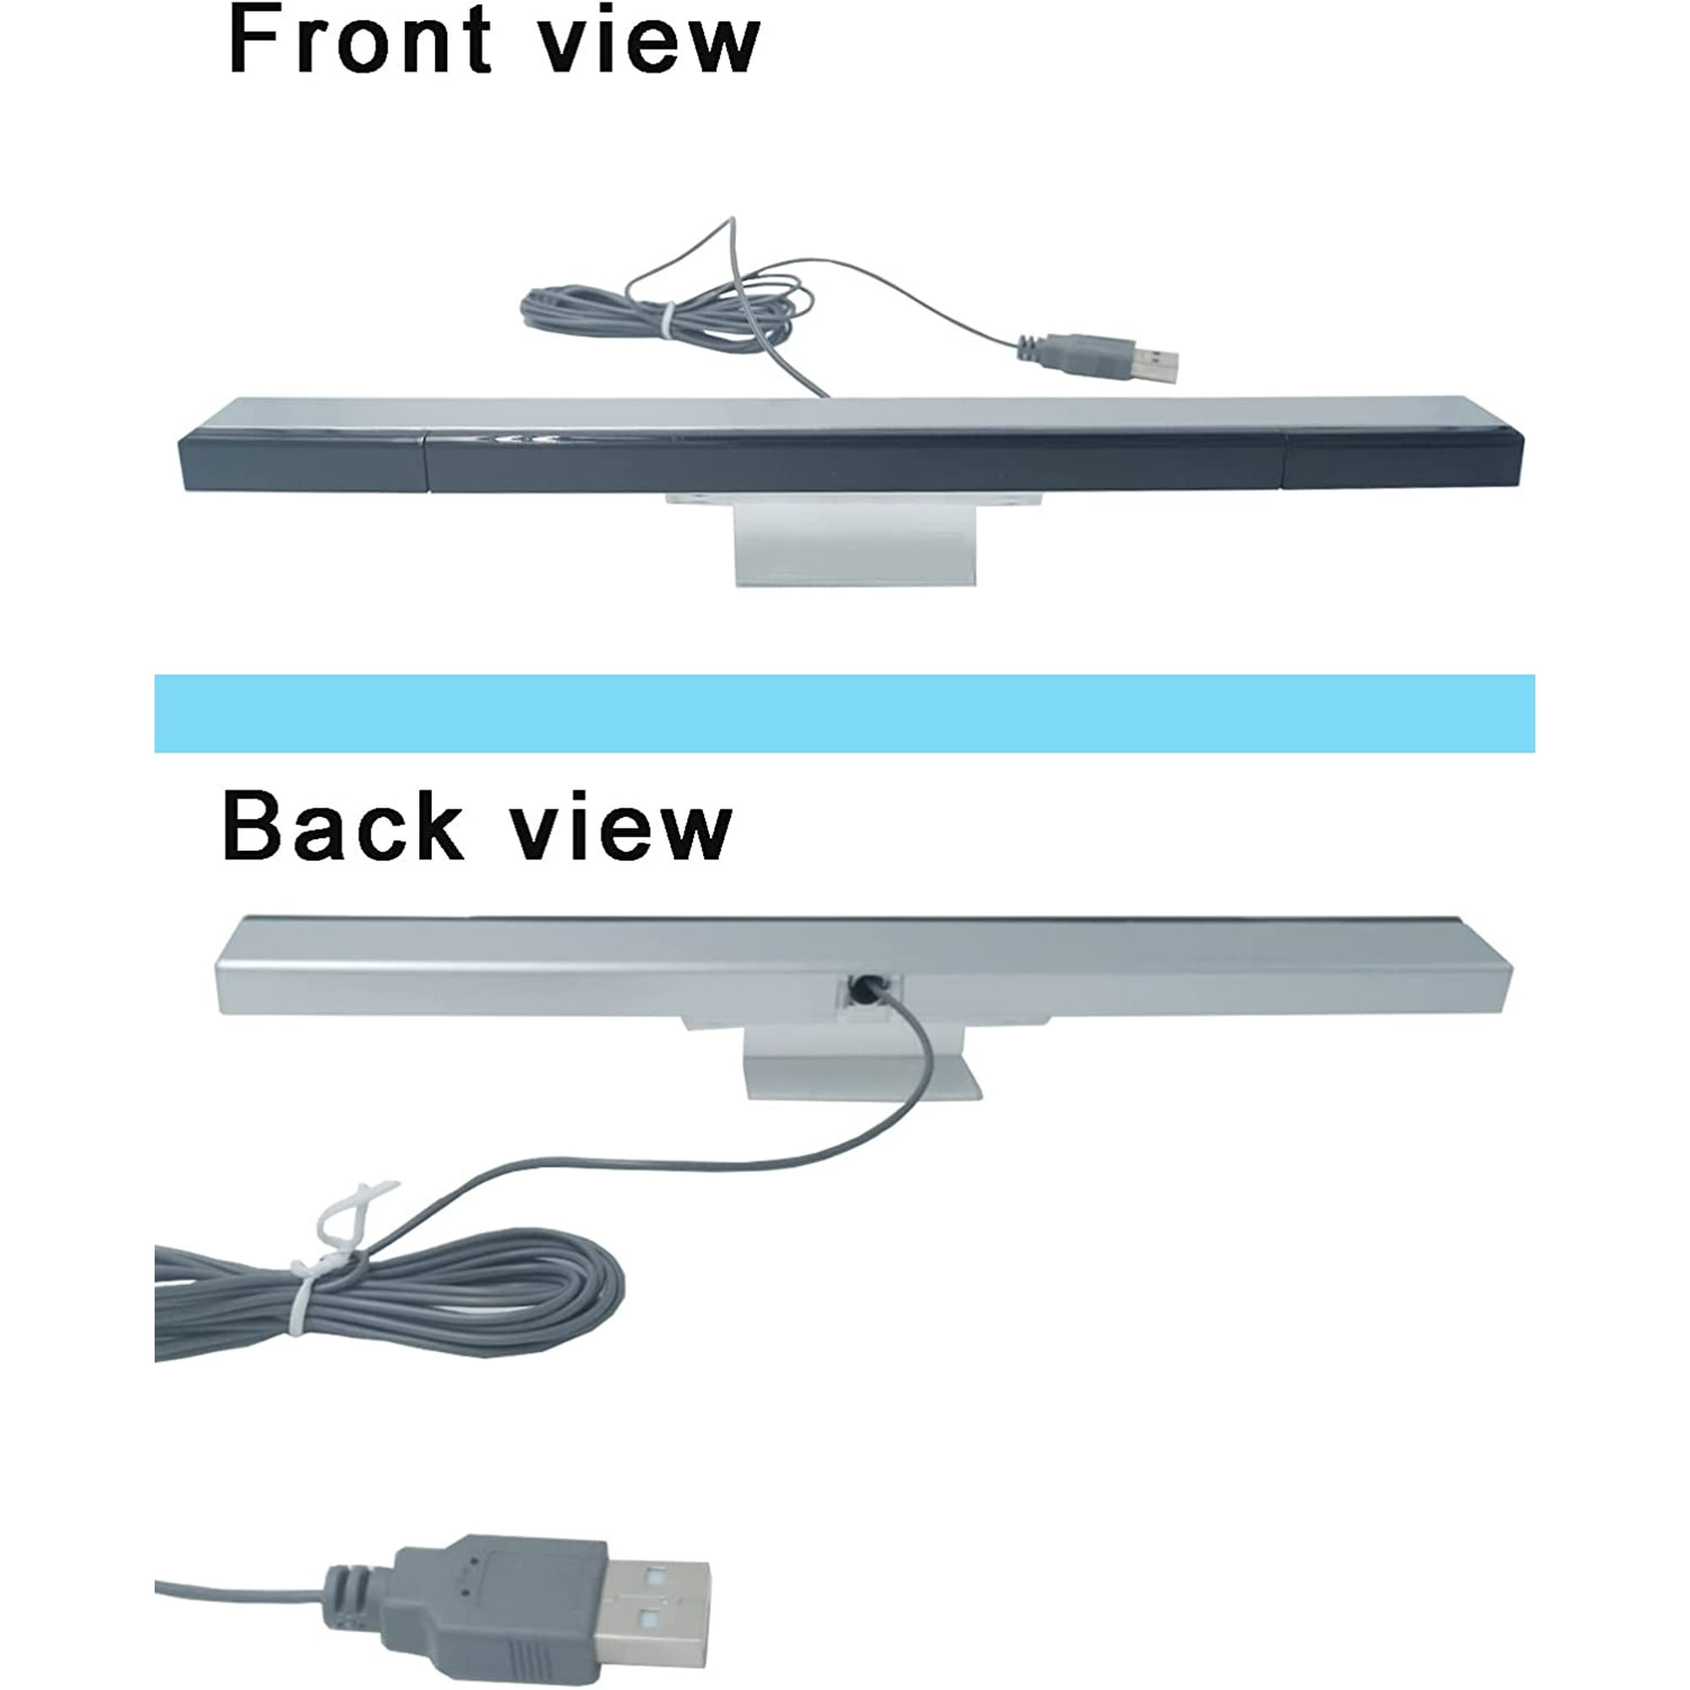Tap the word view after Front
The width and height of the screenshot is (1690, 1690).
(x=648, y=44)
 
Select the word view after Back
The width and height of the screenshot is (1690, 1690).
(x=621, y=829)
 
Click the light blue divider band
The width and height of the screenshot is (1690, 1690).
(x=844, y=713)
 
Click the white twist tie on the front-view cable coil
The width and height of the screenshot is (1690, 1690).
(x=668, y=321)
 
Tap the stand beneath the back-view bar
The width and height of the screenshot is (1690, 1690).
(x=862, y=1066)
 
